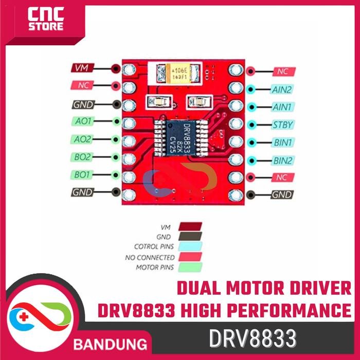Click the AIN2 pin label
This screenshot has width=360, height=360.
[x=282, y=89]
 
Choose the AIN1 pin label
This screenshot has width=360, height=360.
[x=282, y=107]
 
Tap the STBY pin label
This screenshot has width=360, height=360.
[x=282, y=125]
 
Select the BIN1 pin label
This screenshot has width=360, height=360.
[x=282, y=142]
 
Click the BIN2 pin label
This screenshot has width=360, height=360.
[x=282, y=160]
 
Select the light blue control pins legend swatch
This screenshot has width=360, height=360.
[x=190, y=247]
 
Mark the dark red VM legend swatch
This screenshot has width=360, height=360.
[x=190, y=226]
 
